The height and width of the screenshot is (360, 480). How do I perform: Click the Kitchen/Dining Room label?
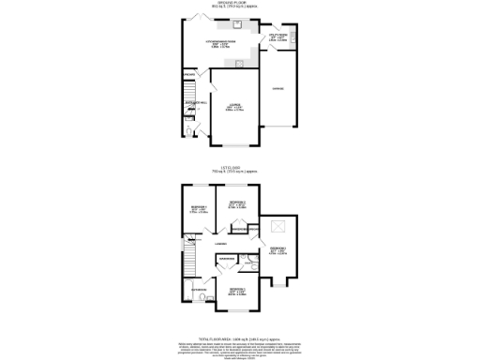click(224, 44)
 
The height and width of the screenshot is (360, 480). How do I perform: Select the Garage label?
click(278, 88)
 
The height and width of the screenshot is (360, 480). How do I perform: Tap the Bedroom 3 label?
click(279, 249)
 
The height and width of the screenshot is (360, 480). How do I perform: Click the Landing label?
click(221, 244)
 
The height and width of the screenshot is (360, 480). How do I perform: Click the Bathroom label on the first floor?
click(199, 291)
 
